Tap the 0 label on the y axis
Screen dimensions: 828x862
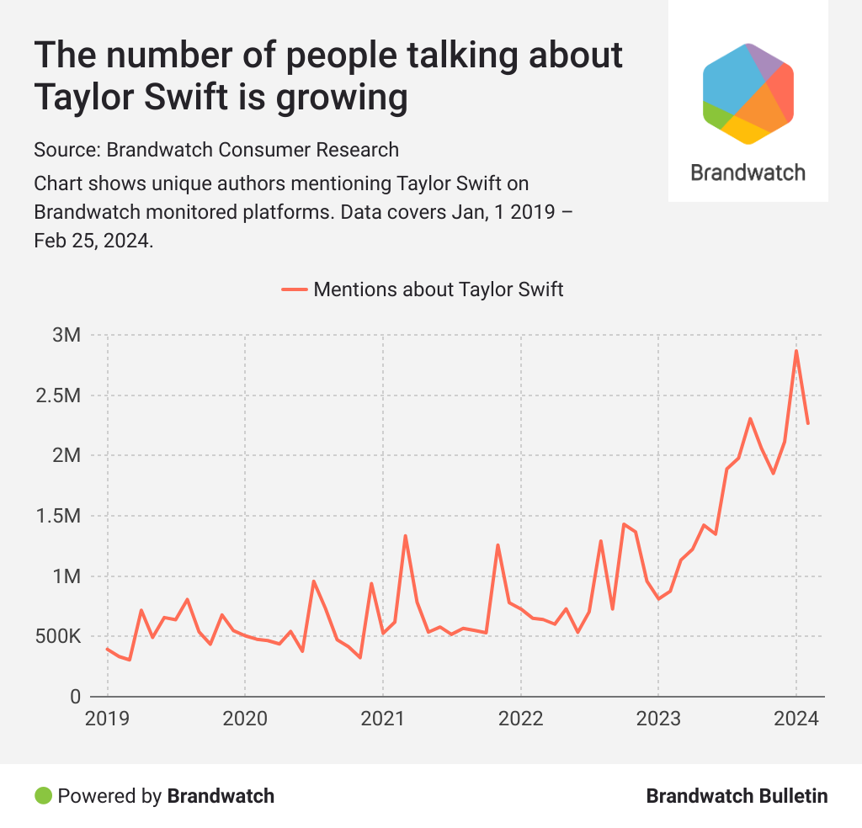[74, 697]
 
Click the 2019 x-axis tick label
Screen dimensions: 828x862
[107, 719]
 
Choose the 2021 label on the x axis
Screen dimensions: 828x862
[383, 719]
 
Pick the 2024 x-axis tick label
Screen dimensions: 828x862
[795, 719]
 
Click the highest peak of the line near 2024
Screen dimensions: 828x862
[795, 351]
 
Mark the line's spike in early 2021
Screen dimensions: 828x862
[405, 536]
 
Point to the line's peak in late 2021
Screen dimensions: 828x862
[498, 545]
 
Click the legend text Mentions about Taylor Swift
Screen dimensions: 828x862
[438, 289]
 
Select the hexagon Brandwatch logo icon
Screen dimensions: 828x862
[748, 93]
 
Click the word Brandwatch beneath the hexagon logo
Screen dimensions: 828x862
[748, 172]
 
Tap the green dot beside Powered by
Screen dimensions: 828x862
[42, 795]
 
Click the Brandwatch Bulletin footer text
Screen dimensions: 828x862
[737, 795]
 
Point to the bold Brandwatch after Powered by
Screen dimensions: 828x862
[221, 795]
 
